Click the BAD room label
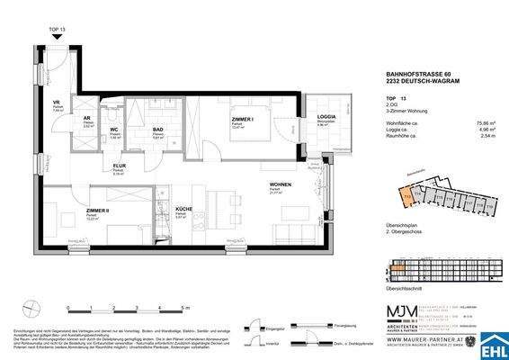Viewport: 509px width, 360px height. tap(156, 130)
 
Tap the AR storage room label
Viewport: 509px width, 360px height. tap(87, 118)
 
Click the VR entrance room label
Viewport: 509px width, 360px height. tap(56, 103)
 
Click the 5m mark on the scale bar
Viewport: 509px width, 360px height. tap(183, 308)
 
